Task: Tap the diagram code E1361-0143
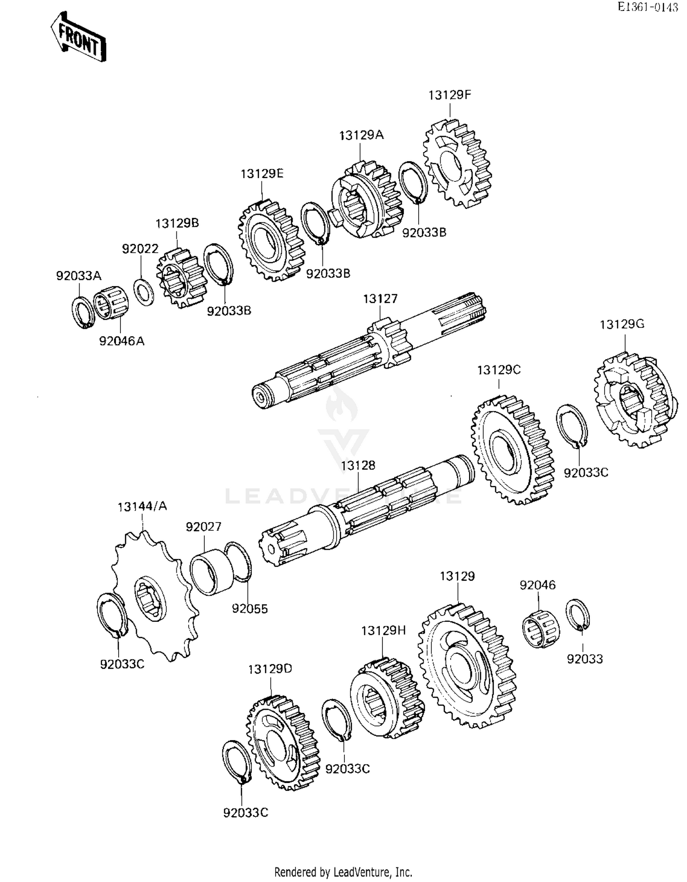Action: coord(647,7)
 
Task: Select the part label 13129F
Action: coord(449,95)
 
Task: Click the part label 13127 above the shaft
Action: coord(380,299)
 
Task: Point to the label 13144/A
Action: coord(142,506)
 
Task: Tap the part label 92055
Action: coord(250,609)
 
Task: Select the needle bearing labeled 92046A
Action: coord(111,305)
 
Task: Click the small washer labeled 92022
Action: coord(144,291)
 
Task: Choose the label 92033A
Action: coord(78,276)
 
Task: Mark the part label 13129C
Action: coord(499,370)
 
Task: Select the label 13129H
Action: coord(383,631)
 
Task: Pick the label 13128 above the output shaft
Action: coord(358,466)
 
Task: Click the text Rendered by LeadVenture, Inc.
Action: coord(343,872)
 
